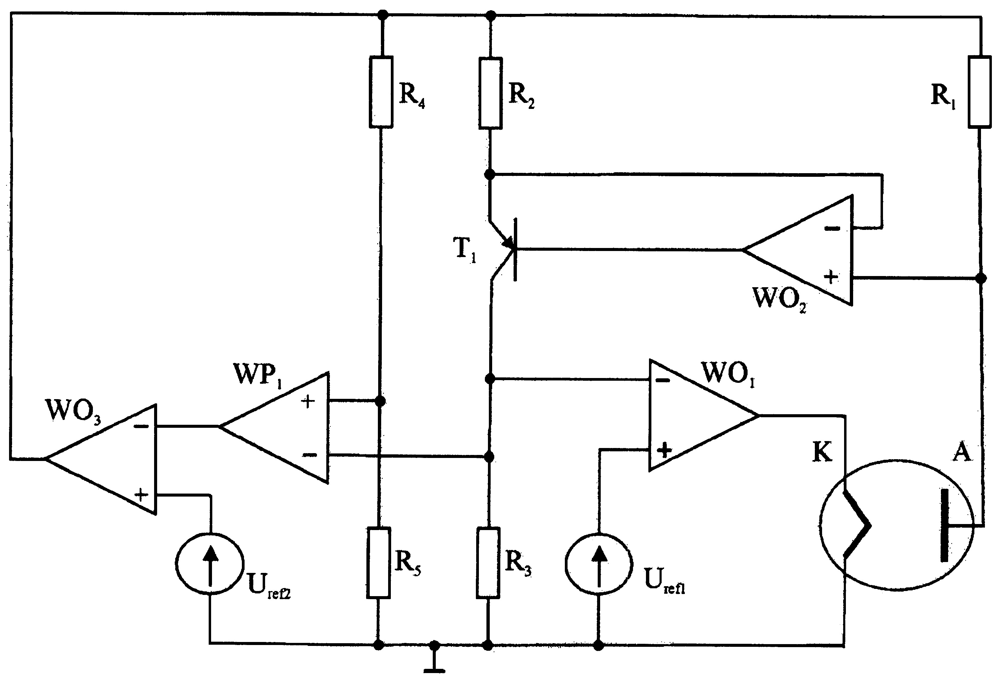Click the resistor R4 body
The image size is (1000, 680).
click(381, 92)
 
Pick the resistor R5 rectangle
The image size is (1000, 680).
click(379, 563)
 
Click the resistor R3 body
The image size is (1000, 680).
click(488, 563)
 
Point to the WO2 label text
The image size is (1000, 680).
click(779, 298)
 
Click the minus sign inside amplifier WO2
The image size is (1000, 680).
click(832, 229)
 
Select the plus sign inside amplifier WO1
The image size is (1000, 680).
click(665, 450)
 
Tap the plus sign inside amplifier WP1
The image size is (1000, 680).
click(308, 402)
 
